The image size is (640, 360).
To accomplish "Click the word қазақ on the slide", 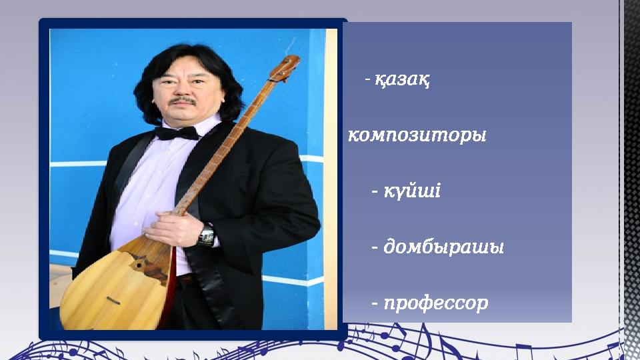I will point(401,81).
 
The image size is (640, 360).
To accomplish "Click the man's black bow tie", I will point(177,133).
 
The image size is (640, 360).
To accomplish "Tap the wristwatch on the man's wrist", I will point(207,235).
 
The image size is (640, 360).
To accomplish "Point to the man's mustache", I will point(182,102).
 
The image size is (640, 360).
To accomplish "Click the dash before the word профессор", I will point(375,304).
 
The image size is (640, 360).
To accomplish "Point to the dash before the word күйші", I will point(375,192).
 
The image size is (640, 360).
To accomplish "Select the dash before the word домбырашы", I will point(375,248).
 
